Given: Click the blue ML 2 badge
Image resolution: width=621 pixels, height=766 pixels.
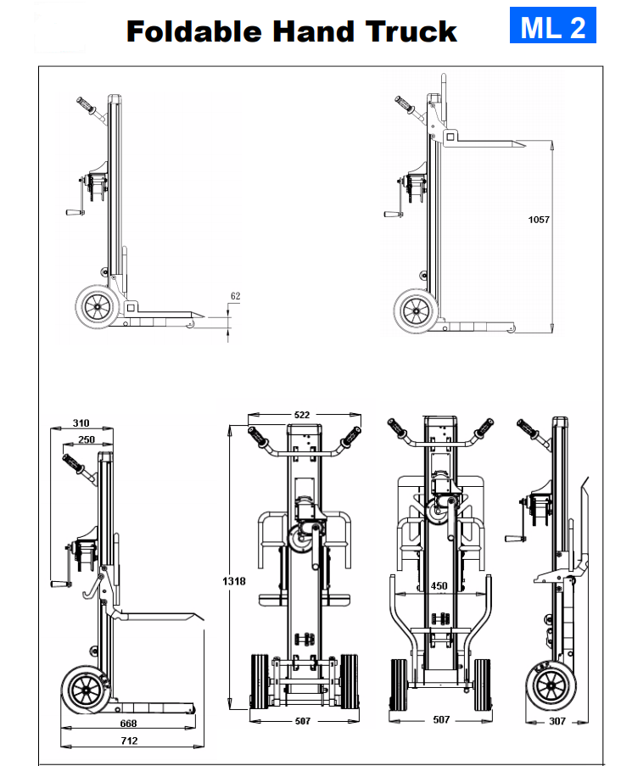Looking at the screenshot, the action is tap(552, 25).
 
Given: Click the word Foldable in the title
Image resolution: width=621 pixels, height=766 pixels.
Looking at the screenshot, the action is tap(194, 31).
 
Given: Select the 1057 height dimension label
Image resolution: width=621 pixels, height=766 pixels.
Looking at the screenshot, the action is tap(539, 220).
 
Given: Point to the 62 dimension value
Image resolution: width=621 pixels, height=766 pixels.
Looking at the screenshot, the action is tap(235, 296).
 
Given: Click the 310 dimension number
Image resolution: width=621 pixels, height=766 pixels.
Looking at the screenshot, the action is tap(81, 423).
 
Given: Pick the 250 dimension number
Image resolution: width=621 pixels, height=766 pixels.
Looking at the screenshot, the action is tap(87, 439).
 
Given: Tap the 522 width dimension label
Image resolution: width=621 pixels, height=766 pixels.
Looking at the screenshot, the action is tap(302, 415).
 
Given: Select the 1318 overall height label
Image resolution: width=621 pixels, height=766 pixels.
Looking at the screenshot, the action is tap(234, 581).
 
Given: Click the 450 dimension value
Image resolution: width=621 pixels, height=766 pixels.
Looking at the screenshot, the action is tap(439, 585).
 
